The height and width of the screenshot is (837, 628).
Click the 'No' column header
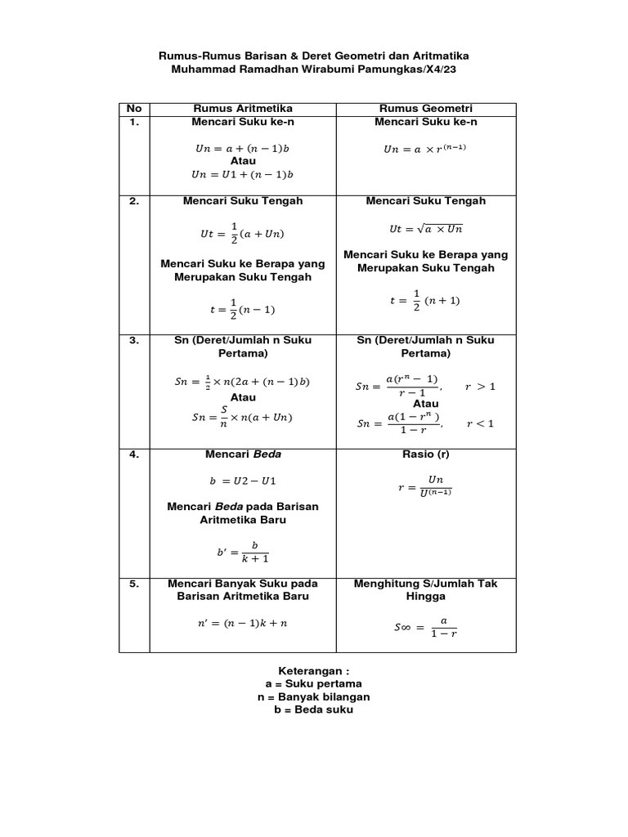coord(134,109)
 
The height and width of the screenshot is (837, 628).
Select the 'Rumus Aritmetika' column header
coord(243,109)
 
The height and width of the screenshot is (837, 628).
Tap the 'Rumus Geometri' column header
coord(426,109)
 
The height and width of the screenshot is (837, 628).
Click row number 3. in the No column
coord(134,340)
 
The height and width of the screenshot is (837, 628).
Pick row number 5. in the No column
coord(134,584)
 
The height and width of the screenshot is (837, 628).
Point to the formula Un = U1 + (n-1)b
coord(243,174)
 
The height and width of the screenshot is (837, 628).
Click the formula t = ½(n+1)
coord(424,300)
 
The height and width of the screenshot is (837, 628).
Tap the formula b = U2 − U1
coord(243,480)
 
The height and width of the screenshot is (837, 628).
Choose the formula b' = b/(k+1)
coord(243,552)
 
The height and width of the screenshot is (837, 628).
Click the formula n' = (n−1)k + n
coord(243,623)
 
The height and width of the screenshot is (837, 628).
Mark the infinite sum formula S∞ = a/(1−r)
coord(425,627)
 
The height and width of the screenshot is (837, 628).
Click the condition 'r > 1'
coord(480,386)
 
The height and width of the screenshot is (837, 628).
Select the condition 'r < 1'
coord(480,423)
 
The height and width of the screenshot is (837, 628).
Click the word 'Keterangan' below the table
coord(313,669)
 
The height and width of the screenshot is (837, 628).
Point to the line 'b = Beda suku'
coord(313,709)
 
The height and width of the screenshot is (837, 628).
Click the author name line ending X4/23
coord(313,70)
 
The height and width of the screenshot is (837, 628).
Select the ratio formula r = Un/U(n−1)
coord(425,486)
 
